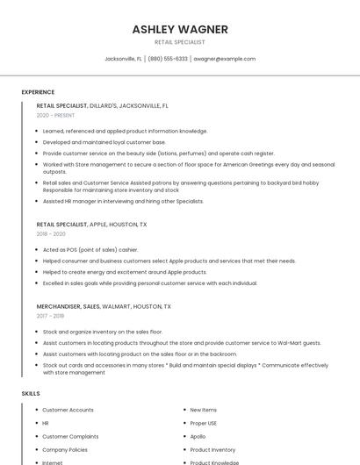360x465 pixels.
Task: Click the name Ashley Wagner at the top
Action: (180, 29)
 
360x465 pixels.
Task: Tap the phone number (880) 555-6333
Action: (168, 59)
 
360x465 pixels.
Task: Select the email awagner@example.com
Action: (225, 59)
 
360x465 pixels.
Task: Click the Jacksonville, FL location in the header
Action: (123, 59)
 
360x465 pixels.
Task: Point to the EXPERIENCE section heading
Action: (38, 92)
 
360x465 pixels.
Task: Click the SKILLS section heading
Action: (31, 394)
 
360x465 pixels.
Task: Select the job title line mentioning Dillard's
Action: (102, 105)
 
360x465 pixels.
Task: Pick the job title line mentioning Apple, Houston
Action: (91, 225)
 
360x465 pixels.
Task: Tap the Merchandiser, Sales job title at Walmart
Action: (104, 307)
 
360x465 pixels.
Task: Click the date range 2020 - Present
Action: (55, 115)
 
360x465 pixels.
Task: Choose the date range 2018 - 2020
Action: (51, 234)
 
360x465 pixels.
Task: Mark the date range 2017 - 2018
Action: (50, 317)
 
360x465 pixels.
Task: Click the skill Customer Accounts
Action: (68, 410)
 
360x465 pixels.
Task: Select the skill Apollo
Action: (198, 436)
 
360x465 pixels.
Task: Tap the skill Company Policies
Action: (65, 449)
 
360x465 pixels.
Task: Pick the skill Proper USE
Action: (203, 423)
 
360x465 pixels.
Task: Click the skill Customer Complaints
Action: (70, 436)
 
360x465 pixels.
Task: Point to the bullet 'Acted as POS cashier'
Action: (90, 249)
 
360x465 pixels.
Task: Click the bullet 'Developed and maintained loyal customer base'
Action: (104, 141)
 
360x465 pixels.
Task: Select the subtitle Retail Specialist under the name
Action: (180, 42)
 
